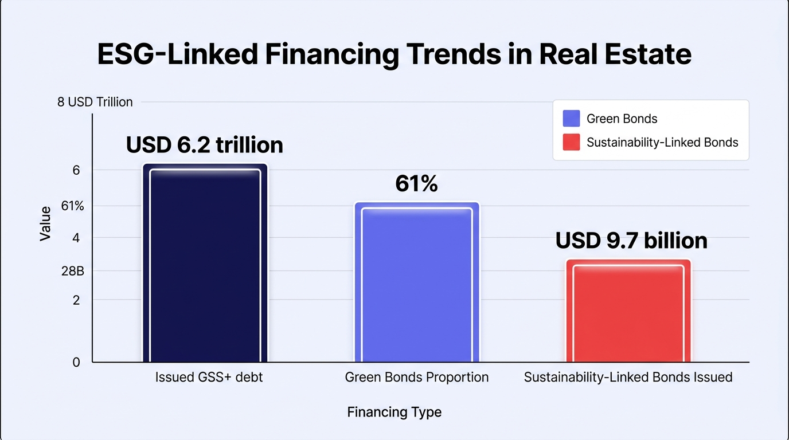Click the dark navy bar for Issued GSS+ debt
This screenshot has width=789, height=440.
(205, 263)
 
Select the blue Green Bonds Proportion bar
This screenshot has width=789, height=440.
(417, 282)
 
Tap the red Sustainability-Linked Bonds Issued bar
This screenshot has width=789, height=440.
(628, 311)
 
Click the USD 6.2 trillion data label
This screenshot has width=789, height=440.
(204, 145)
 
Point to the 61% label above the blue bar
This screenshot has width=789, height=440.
(416, 183)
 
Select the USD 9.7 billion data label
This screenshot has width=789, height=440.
(631, 241)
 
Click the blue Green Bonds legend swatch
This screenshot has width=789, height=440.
(571, 118)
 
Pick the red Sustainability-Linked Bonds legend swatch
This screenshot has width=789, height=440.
(571, 142)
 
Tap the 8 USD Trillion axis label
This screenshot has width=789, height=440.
(95, 102)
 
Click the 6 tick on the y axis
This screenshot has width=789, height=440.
(76, 170)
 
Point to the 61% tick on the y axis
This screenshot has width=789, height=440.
(73, 206)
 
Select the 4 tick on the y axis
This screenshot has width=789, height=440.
(76, 238)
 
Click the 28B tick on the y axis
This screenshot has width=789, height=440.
(73, 271)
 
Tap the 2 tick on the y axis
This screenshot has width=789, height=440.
(76, 300)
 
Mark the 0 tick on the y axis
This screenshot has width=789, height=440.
(76, 362)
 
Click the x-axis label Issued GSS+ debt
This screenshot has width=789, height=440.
(209, 377)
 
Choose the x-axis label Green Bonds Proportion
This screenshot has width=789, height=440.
(417, 377)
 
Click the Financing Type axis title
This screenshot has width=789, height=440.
(394, 412)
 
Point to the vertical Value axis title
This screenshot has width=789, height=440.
(45, 224)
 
